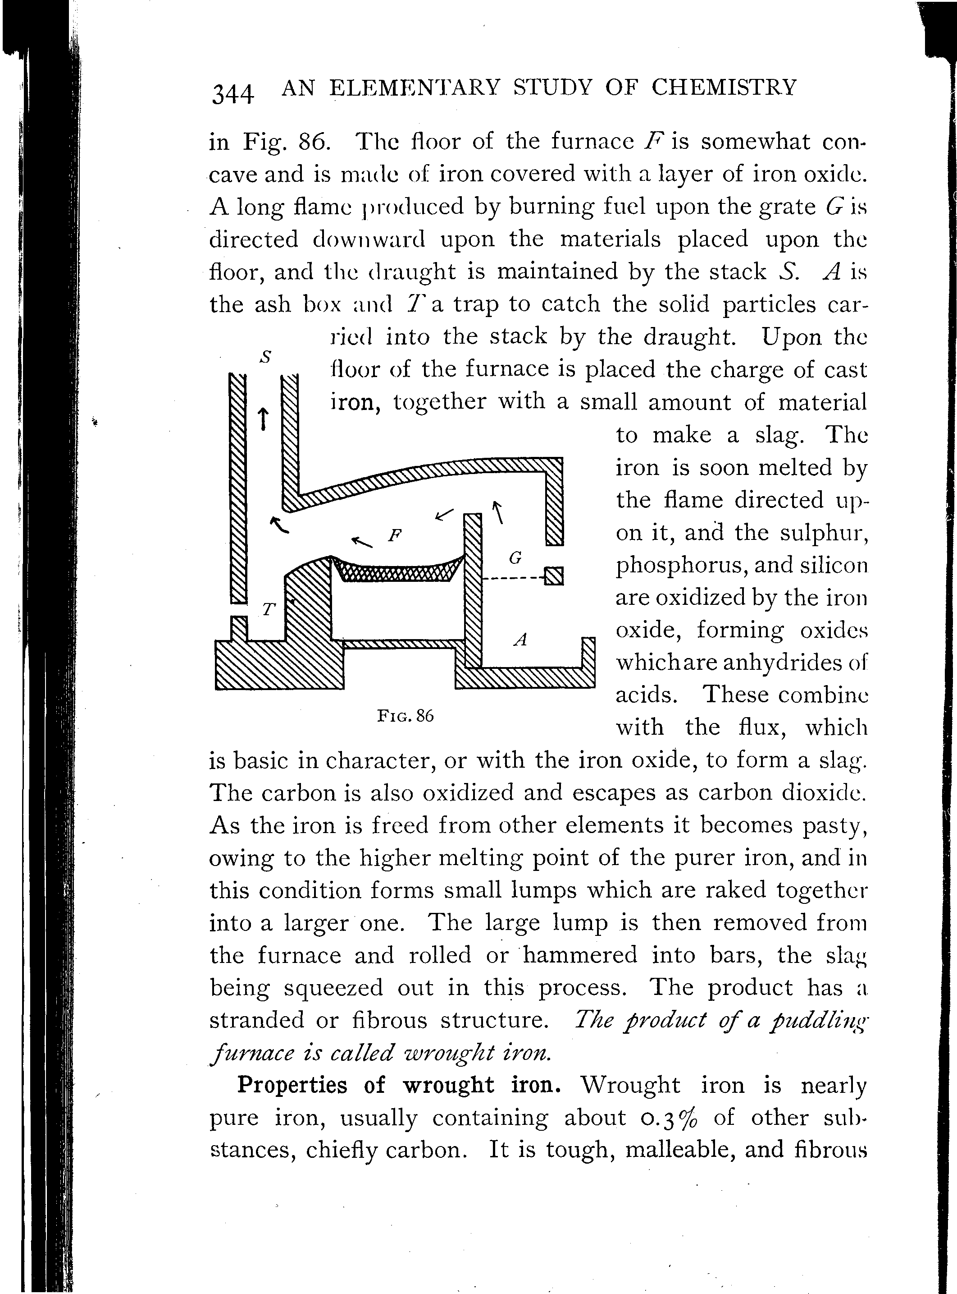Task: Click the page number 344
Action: point(233,94)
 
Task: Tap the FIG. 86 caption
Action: point(406,716)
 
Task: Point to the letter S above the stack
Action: point(265,357)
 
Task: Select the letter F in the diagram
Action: point(395,534)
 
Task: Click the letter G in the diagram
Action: point(515,558)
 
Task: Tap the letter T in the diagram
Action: point(268,609)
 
